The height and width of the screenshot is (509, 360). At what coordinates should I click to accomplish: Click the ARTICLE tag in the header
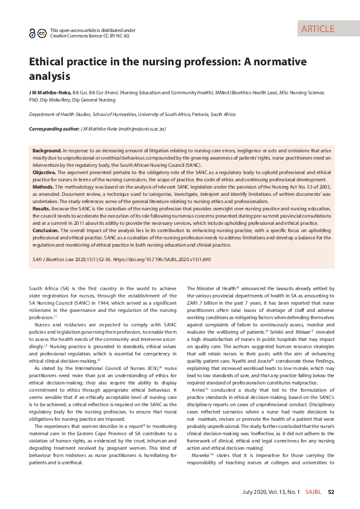tap(318, 28)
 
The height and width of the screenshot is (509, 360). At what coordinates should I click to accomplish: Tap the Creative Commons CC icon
tap(42, 33)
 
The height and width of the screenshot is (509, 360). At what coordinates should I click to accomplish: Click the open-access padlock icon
tap(33, 33)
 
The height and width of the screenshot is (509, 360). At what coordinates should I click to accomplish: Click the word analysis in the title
tap(50, 76)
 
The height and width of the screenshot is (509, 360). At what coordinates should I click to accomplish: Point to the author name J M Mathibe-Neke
tap(50, 92)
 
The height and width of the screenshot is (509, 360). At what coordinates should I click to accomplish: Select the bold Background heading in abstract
tap(47, 149)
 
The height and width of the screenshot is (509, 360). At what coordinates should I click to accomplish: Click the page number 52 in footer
tap(331, 492)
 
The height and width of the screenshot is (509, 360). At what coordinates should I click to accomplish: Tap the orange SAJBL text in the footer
tap(313, 492)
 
